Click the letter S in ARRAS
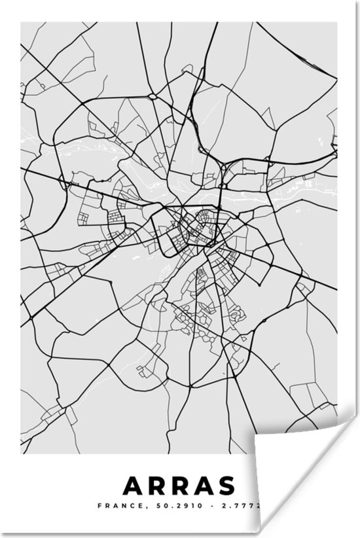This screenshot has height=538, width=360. (x=225, y=486)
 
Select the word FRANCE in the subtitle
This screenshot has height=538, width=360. (x=113, y=505)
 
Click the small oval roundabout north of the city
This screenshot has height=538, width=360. (x=152, y=96)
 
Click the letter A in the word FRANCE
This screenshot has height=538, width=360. (x=110, y=505)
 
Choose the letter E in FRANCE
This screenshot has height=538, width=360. (x=128, y=505)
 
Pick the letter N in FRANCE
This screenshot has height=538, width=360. (x=116, y=505)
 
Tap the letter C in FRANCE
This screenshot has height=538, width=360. (x=122, y=505)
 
